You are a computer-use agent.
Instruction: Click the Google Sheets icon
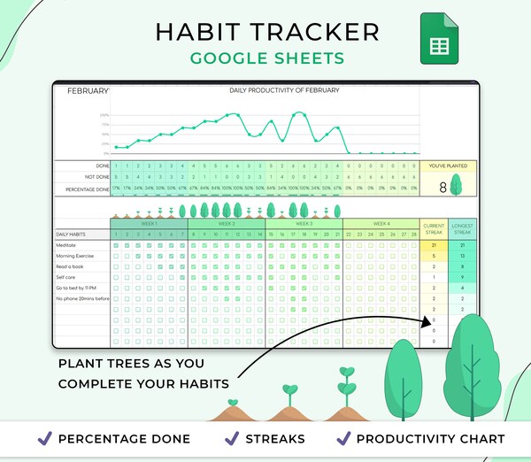click(439, 38)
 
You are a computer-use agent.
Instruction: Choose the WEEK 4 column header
click(381, 224)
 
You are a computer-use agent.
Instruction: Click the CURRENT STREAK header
click(434, 228)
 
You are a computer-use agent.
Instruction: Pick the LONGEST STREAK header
click(462, 228)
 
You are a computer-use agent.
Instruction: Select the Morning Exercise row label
click(76, 255)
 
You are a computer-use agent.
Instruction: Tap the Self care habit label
click(67, 277)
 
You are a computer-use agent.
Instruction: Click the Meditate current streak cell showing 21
click(434, 244)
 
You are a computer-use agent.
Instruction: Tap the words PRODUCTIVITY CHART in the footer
click(432, 439)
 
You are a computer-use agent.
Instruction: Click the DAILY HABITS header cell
click(71, 234)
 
